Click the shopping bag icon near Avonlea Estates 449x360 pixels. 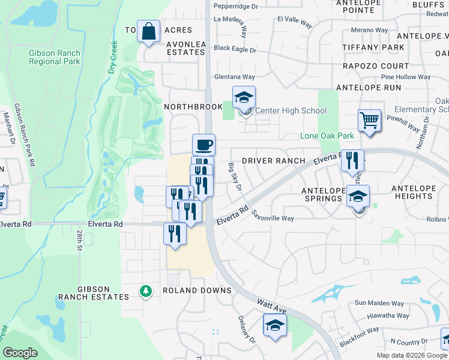(148, 31)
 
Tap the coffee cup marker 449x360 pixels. (203, 145)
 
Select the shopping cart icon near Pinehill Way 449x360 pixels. (369, 120)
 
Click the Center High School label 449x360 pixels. (291, 110)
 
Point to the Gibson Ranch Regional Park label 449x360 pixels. (55, 57)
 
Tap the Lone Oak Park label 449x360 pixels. (327, 136)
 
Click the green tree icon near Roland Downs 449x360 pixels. (145, 292)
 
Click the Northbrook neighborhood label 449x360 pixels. (185, 106)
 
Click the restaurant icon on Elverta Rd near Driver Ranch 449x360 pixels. (352, 161)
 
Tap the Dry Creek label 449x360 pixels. (112, 57)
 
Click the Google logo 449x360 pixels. (20, 353)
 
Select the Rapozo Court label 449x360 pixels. (375, 66)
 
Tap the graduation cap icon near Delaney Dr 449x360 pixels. (274, 325)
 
